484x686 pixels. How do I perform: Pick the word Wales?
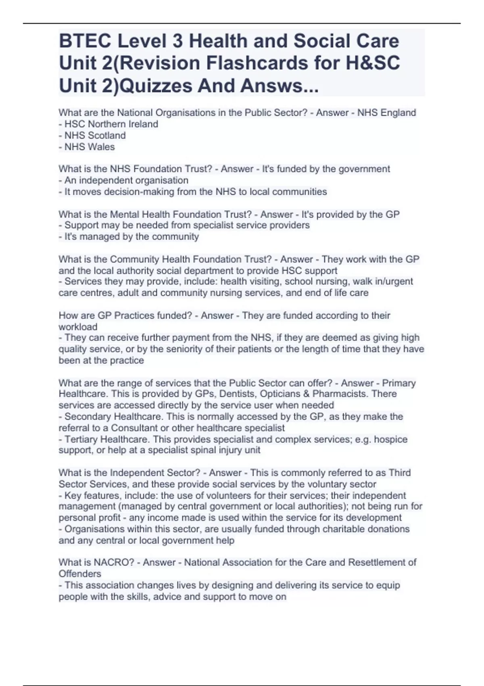[x=102, y=147]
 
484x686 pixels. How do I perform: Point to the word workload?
[x=78, y=327]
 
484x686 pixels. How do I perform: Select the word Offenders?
[x=80, y=574]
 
